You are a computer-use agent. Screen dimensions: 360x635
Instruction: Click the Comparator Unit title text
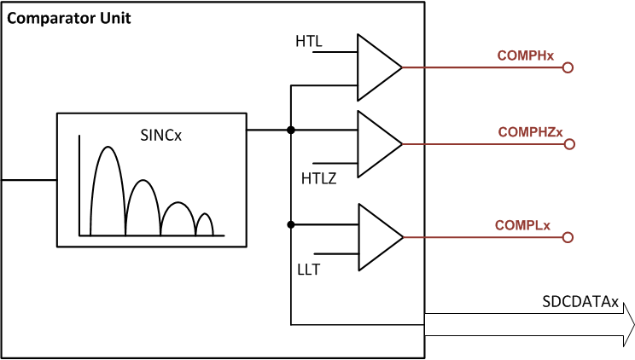pyautogui.click(x=69, y=17)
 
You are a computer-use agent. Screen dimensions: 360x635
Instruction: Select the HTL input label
pyautogui.click(x=309, y=40)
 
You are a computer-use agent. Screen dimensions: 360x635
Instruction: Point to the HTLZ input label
pyautogui.click(x=318, y=177)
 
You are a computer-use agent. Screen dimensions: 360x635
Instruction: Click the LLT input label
pyautogui.click(x=309, y=270)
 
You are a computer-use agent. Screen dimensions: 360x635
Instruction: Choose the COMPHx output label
pyautogui.click(x=526, y=55)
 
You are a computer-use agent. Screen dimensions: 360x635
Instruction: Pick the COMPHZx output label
pyautogui.click(x=530, y=132)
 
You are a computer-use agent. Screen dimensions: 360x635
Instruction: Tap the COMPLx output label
pyautogui.click(x=522, y=225)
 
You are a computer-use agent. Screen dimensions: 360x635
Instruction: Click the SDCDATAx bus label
pyautogui.click(x=581, y=301)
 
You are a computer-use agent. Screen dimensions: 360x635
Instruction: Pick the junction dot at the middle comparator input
pyautogui.click(x=292, y=131)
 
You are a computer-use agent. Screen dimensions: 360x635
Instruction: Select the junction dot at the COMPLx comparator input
pyautogui.click(x=292, y=224)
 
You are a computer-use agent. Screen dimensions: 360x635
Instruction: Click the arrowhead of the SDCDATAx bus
pyautogui.click(x=627, y=324)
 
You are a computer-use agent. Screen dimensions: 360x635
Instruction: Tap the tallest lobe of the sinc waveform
pyautogui.click(x=108, y=188)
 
